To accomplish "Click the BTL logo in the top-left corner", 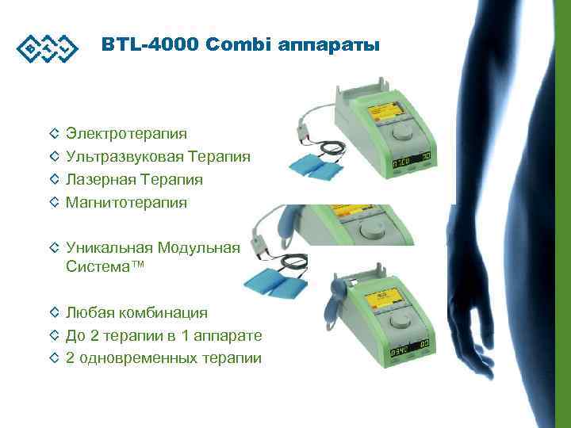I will click(x=47, y=47).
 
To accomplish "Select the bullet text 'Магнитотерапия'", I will click(x=126, y=203).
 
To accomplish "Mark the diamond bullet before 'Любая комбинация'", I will click(x=54, y=313).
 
